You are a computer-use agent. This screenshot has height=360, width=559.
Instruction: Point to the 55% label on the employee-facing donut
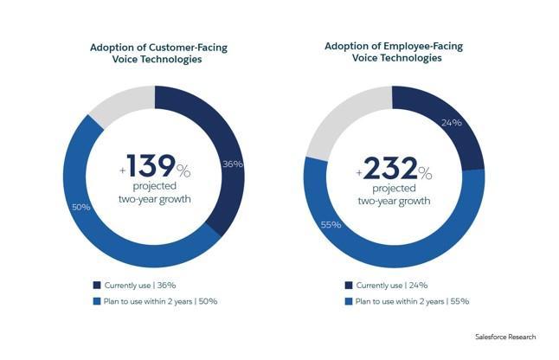pyautogui.click(x=331, y=225)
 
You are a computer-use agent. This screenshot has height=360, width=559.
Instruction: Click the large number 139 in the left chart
pyautogui.click(x=151, y=165)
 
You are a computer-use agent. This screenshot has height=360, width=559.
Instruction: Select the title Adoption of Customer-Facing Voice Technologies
pyautogui.click(x=155, y=55)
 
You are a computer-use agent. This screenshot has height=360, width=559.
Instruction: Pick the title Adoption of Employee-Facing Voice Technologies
pyautogui.click(x=395, y=51)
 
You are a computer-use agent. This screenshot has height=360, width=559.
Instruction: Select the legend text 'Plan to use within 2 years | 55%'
pyautogui.click(x=412, y=301)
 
